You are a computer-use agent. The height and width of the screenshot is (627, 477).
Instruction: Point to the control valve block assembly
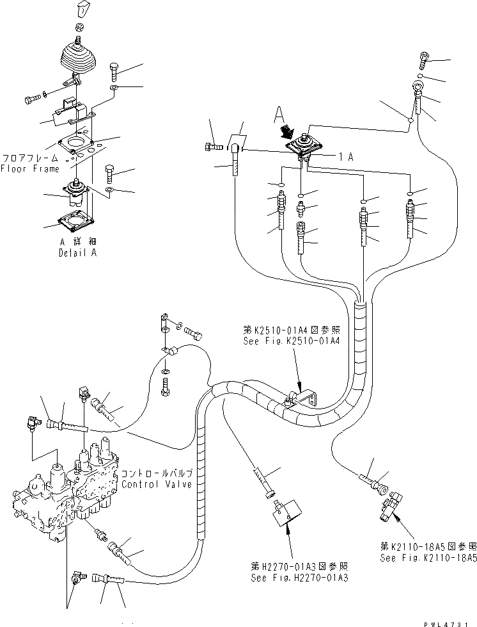tap(64, 487)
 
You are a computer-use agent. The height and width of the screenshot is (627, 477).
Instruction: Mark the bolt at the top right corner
tap(426, 60)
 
